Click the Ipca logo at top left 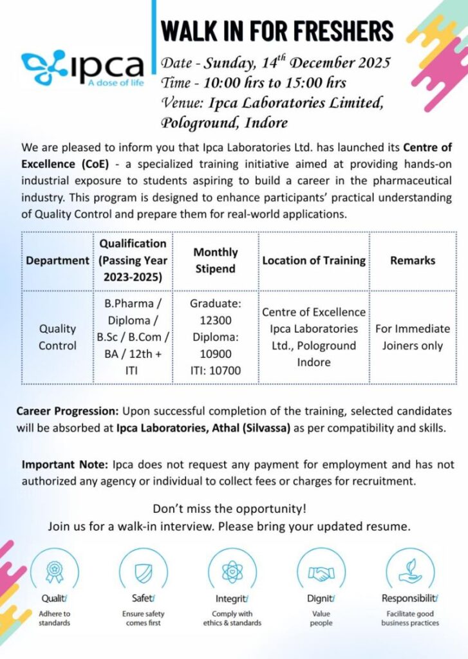tap(82, 66)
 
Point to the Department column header tap(57, 261)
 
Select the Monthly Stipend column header tap(215, 260)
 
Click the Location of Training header tap(314, 261)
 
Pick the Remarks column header tap(412, 261)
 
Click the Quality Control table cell tap(57, 337)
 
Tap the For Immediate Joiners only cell tap(412, 337)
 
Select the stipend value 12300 tap(215, 320)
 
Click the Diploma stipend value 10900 tap(215, 353)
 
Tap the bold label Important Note tap(65, 464)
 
